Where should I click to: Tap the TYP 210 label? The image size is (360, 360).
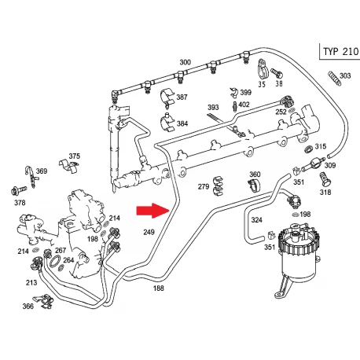[340, 51]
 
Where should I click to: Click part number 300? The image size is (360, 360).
[186, 62]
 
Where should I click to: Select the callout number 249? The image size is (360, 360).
[149, 232]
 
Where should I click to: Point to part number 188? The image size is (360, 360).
[159, 288]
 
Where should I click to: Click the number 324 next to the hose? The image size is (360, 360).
[256, 219]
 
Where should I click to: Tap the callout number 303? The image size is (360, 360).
[345, 75]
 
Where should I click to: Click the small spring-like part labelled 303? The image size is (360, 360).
[335, 79]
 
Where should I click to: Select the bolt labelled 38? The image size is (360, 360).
[277, 73]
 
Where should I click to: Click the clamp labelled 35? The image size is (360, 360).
[262, 69]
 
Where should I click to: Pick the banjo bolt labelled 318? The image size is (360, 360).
[325, 180]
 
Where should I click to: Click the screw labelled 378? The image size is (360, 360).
[19, 190]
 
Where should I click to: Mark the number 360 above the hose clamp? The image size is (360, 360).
[255, 174]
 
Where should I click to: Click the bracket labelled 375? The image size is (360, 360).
[68, 166]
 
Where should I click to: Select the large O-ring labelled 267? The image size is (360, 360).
[55, 262]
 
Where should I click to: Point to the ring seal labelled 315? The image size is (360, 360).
[309, 149]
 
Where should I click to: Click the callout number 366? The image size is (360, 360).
[28, 306]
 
